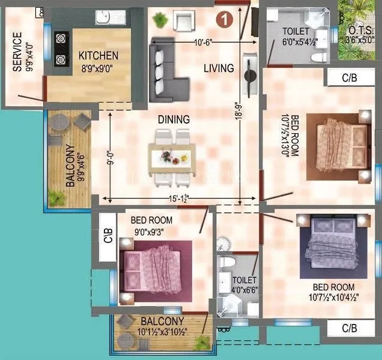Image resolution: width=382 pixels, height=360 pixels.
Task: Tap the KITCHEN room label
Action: coord(99,56)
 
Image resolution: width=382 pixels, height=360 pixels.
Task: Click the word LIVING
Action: coord(218,68)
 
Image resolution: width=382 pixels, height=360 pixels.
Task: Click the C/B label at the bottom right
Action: coord(350,329)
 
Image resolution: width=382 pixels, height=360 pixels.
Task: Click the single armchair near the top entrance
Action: coord(183,23)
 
